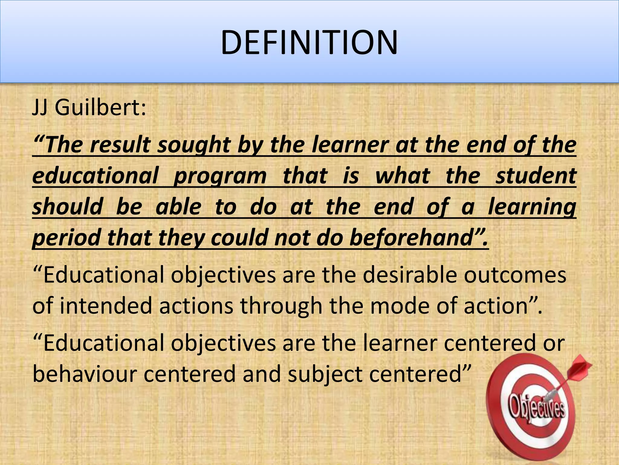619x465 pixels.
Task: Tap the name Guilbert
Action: coord(100,107)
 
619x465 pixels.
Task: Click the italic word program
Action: coord(220,176)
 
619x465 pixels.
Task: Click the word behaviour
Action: coord(85,374)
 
